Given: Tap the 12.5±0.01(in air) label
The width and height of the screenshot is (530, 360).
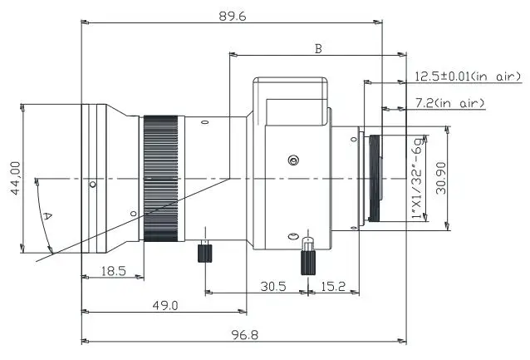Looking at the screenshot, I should (x=469, y=77).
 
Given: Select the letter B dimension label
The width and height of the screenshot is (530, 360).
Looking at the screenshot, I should (x=317, y=49).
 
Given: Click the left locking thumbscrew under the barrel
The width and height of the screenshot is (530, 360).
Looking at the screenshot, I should (x=203, y=252).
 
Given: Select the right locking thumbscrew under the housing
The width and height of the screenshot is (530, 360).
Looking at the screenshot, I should (x=307, y=259).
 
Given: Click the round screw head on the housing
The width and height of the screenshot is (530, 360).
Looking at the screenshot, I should (x=292, y=160).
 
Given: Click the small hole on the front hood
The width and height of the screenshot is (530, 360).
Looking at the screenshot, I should (x=94, y=184).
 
